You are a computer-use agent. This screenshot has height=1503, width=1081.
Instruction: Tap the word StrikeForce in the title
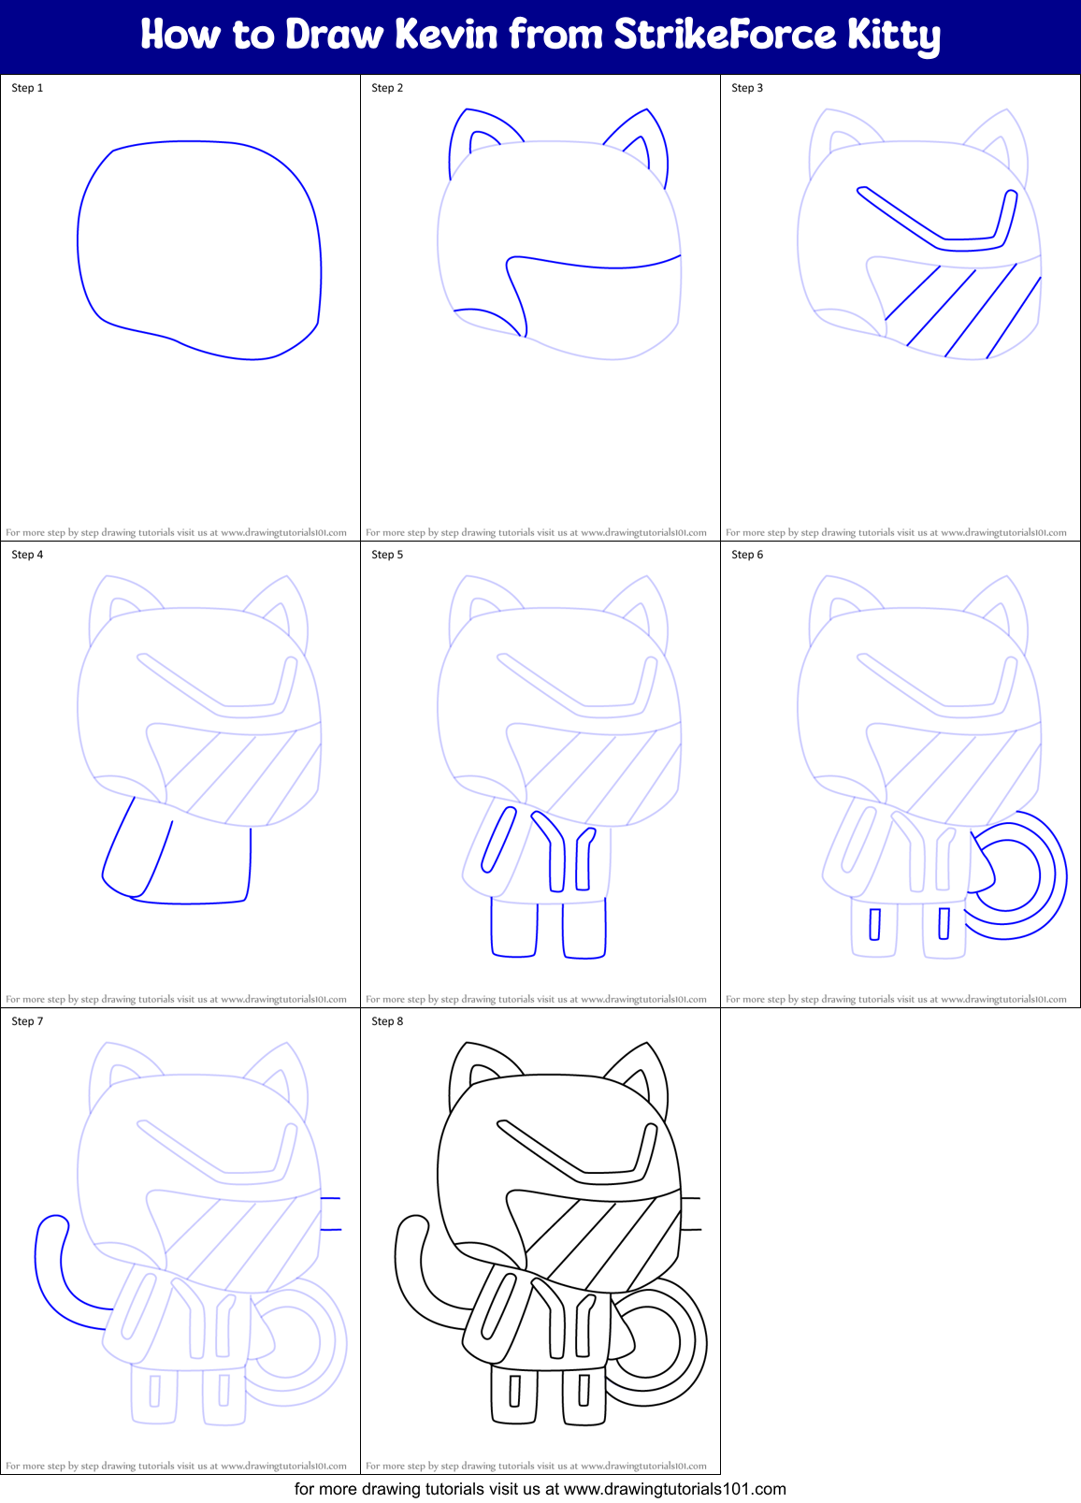725,35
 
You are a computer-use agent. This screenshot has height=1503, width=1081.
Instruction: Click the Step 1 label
27,88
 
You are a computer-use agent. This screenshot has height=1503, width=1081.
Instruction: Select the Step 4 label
27,555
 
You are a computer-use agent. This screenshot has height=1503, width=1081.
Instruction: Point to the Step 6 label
747,555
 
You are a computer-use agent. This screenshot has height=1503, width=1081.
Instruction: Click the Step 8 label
387,1021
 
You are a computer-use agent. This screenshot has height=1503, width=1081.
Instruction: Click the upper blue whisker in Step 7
330,1198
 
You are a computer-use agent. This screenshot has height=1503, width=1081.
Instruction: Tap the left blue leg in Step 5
513,929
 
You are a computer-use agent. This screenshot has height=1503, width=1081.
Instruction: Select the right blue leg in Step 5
584,929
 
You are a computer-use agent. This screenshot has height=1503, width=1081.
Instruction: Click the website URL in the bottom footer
674,1489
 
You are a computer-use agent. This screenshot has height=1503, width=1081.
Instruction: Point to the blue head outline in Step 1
79,243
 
